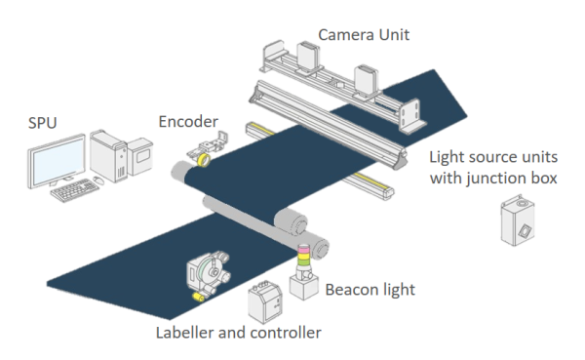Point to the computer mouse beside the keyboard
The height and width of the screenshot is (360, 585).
click(x=97, y=181)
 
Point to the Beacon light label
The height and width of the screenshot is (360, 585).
click(x=370, y=290)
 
